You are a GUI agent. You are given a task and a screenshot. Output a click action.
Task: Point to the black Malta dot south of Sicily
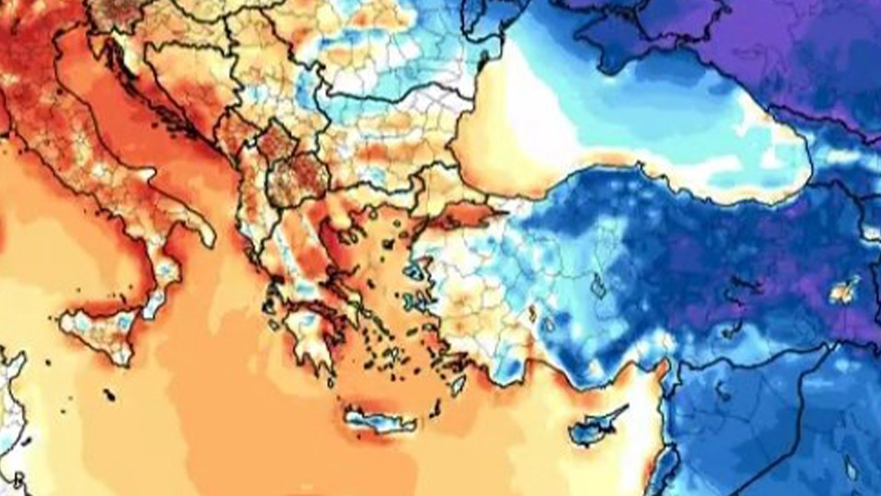[109, 395]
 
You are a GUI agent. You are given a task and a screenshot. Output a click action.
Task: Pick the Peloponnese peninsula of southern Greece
[310, 331]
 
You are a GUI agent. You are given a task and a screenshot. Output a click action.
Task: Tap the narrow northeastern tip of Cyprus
[623, 409]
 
